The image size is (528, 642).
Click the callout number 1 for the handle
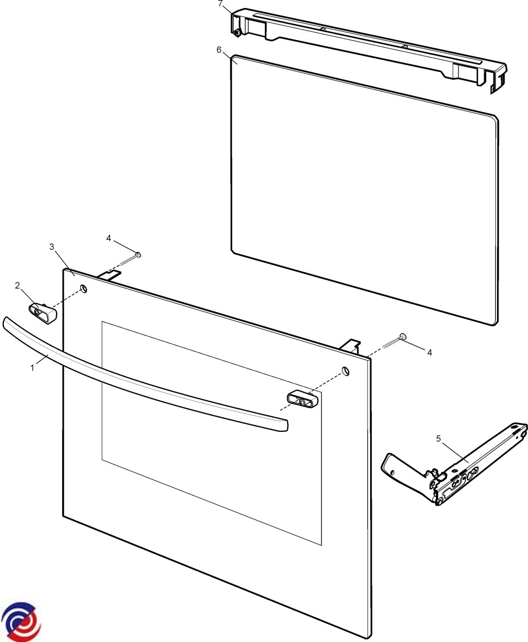click(x=32, y=368)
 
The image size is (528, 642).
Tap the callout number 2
click(x=17, y=286)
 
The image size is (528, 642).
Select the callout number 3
click(x=52, y=247)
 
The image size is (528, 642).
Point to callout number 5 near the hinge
click(x=439, y=439)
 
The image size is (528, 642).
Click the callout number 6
click(x=219, y=50)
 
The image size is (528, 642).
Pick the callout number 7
click(x=220, y=4)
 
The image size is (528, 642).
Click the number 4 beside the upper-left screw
click(x=109, y=239)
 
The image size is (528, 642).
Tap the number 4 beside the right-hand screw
click(x=430, y=353)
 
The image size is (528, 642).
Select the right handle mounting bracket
click(x=303, y=400)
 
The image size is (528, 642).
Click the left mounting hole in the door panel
click(x=83, y=288)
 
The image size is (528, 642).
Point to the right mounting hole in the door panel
click(x=346, y=371)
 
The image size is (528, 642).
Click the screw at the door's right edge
click(x=394, y=341)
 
